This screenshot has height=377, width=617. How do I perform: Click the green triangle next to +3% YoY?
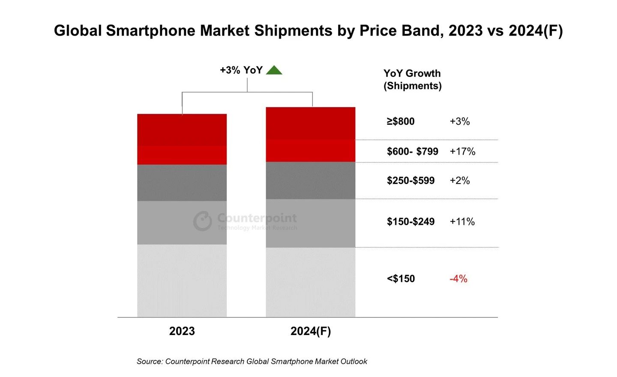274,70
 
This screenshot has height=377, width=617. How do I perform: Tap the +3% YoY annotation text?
241,70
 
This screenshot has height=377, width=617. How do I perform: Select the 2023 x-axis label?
182,331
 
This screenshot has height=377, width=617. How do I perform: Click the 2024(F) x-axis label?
311,331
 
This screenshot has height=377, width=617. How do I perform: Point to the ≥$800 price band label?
401,121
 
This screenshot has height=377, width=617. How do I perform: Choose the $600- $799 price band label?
412,151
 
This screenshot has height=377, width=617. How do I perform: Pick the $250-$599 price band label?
410,181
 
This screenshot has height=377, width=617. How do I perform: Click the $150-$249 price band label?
410,222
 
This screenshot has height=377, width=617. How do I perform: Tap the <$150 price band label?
401,279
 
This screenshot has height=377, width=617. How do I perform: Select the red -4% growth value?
458,279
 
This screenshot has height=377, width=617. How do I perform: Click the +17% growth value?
462,151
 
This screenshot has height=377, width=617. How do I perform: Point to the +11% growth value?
462,222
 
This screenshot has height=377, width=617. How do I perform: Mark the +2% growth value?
459,181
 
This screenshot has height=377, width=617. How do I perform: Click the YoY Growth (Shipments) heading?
412,79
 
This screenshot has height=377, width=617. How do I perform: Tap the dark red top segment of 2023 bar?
182,130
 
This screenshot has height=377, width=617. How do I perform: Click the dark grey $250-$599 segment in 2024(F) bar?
311,180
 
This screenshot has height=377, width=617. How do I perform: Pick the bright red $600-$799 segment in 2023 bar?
182,155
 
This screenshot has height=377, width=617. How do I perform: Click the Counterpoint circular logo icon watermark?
202,221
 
